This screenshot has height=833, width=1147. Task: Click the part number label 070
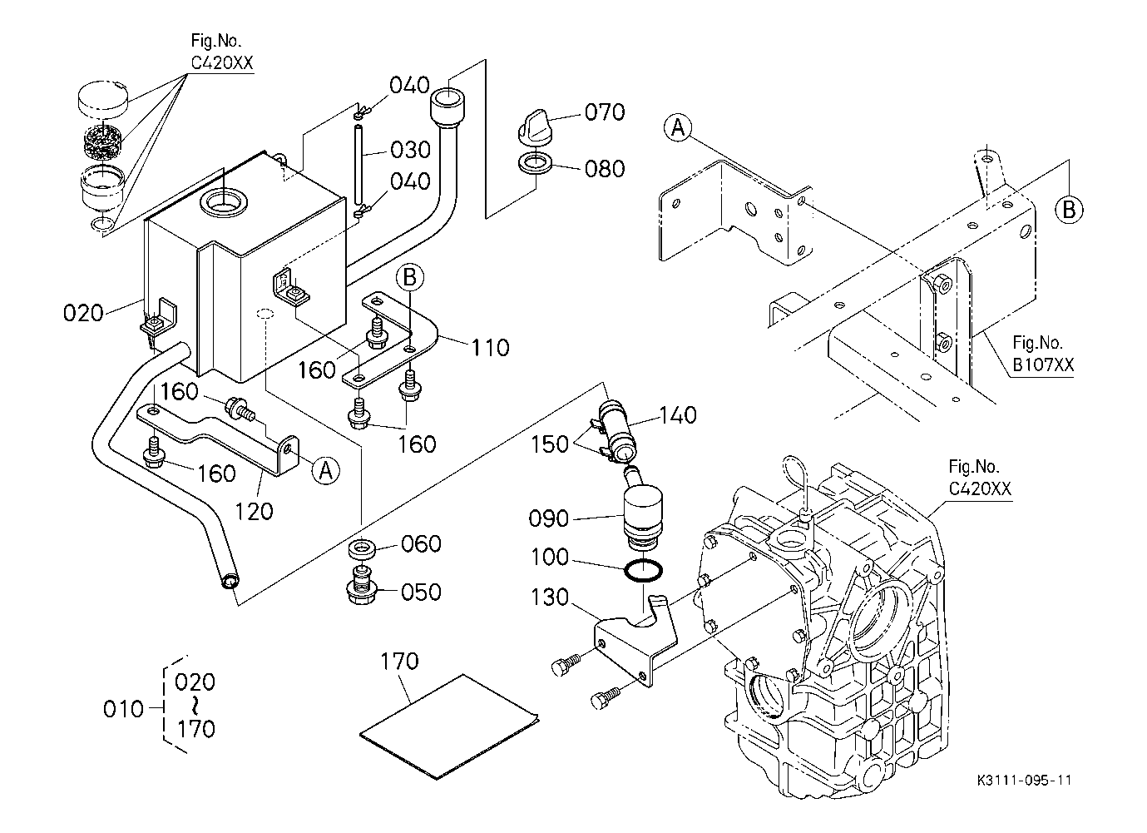605,112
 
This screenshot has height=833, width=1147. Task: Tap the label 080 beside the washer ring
605,169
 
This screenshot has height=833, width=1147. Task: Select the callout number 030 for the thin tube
411,150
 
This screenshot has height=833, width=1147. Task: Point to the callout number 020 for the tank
83,314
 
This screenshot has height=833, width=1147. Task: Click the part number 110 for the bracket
490,347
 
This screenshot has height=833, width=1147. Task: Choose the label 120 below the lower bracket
254,511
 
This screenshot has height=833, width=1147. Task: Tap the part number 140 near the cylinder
677,415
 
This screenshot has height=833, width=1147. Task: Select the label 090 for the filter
548,519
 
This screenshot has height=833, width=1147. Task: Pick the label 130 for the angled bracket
548,597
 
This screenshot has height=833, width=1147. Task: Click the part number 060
421,544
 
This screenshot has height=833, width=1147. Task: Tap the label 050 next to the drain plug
421,593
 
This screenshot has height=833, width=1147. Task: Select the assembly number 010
122,709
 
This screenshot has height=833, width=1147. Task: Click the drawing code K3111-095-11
1026,781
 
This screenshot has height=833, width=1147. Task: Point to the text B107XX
1042,364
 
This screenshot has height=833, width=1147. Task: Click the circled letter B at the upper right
1069,210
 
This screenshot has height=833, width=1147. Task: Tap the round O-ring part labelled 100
644,573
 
